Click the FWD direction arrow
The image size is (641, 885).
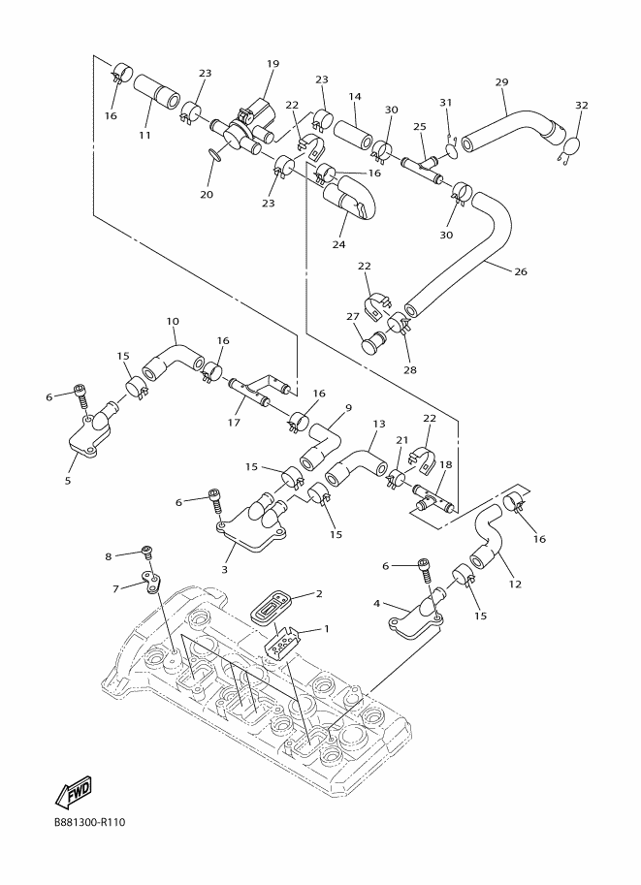[73, 791]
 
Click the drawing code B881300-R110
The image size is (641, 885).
[90, 822]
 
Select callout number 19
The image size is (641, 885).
[272, 64]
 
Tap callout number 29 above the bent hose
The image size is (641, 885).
[501, 81]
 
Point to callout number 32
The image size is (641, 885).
[582, 105]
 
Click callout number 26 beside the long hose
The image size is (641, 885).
[521, 271]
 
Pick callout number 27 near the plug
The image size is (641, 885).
[353, 317]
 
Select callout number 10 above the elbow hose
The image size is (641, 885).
[173, 321]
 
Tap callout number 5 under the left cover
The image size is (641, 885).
[68, 481]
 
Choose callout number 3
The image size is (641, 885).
[224, 570]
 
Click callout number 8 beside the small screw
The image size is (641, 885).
[109, 556]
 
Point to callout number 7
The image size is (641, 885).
[115, 588]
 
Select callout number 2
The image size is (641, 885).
[319, 593]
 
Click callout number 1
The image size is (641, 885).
[326, 628]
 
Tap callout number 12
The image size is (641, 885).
[515, 585]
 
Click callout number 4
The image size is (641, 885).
[376, 603]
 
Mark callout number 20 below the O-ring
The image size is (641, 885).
[207, 194]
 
